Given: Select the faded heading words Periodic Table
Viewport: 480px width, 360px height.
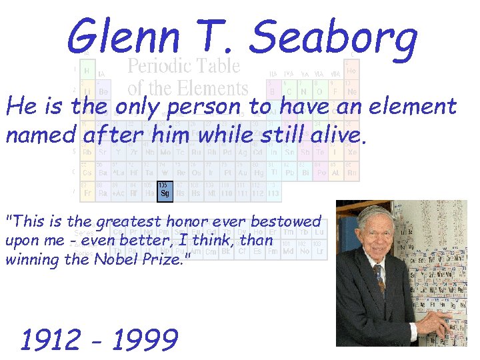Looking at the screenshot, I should (183, 66).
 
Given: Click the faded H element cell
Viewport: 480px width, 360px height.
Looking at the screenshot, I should (87, 70).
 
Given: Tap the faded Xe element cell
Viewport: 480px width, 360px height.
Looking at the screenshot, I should (352, 151).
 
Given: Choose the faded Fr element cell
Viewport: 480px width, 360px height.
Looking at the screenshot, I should (87, 193).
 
